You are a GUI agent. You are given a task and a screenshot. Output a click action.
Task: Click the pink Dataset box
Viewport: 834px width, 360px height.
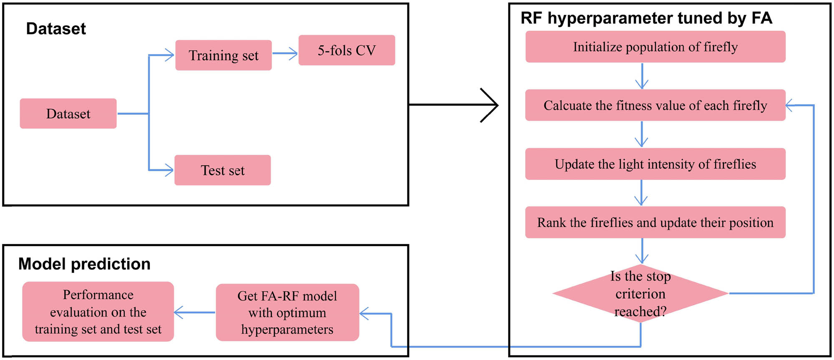pos(68,113)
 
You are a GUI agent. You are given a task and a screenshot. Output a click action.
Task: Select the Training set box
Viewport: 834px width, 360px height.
pos(224,55)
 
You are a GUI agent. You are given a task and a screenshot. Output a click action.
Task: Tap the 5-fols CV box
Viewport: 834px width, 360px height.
pos(347,50)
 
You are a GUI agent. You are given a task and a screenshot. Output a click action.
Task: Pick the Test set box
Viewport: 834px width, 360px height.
pos(223,170)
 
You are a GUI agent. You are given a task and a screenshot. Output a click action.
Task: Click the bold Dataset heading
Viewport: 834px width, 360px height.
pos(56,29)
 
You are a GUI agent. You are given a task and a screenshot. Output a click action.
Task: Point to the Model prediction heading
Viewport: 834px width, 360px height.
pos(84,264)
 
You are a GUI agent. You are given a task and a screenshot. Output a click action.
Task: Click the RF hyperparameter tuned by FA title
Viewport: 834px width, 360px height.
pos(646,18)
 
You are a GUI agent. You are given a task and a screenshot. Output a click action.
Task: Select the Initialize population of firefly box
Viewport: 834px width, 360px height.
pos(655,47)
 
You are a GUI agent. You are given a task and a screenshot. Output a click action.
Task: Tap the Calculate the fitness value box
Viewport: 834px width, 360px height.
pos(655,105)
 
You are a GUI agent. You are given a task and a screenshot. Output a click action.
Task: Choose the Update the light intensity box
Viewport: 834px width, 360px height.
pos(655,164)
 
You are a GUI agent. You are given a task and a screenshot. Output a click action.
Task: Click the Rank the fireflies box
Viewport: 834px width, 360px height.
pos(655,222)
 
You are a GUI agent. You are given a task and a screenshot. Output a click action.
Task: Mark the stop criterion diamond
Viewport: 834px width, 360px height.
pos(641,294)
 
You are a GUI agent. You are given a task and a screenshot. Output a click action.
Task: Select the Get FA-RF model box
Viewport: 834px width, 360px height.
pos(287,312)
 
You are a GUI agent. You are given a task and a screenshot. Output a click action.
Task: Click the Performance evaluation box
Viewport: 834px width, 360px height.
pos(98,312)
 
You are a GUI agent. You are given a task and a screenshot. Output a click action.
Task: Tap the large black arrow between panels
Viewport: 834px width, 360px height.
pos(455,105)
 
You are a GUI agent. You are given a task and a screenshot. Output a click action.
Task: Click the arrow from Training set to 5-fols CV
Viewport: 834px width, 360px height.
pos(285,53)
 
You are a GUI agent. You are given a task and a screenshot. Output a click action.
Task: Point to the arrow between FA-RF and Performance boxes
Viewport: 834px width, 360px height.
pos(194,312)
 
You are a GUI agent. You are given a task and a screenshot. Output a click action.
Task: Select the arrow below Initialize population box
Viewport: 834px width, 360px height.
pos(642,76)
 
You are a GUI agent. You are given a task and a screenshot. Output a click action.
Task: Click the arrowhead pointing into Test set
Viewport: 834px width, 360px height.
pos(168,170)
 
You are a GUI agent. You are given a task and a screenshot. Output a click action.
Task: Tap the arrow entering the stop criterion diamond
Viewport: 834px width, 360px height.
pos(642,252)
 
